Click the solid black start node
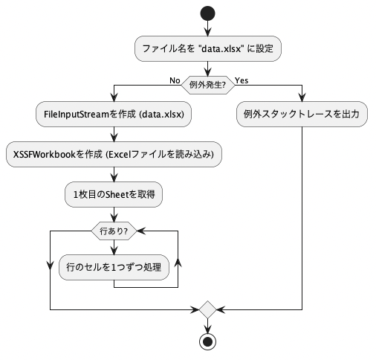(207, 13)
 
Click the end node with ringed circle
(207, 341)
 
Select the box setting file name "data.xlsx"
(208, 48)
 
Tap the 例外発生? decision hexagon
(208, 85)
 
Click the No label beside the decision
(175, 80)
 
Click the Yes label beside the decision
(242, 80)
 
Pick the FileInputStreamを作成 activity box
(114, 114)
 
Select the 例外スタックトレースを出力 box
(302, 114)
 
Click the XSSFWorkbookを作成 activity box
(114, 154)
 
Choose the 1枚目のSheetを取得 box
(114, 194)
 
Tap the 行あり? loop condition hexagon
(114, 231)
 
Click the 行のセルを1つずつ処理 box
(114, 267)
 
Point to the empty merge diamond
(207, 309)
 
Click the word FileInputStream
(77, 115)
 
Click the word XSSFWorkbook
(45, 155)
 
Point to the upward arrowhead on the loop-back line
(178, 263)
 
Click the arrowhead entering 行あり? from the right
(141, 231)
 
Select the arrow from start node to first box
(207, 28)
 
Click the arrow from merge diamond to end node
(207, 326)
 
